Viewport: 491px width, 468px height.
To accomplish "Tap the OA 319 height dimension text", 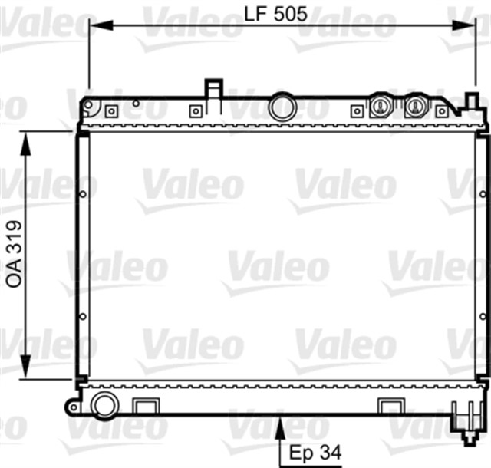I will [x=14, y=255].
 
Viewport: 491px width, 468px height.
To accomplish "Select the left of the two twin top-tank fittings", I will [x=380, y=106].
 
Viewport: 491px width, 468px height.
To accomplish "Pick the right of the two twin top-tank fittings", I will [x=415, y=106].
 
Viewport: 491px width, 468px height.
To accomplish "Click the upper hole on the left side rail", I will [x=83, y=194].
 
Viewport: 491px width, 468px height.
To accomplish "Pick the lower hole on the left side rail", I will [x=83, y=316].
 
